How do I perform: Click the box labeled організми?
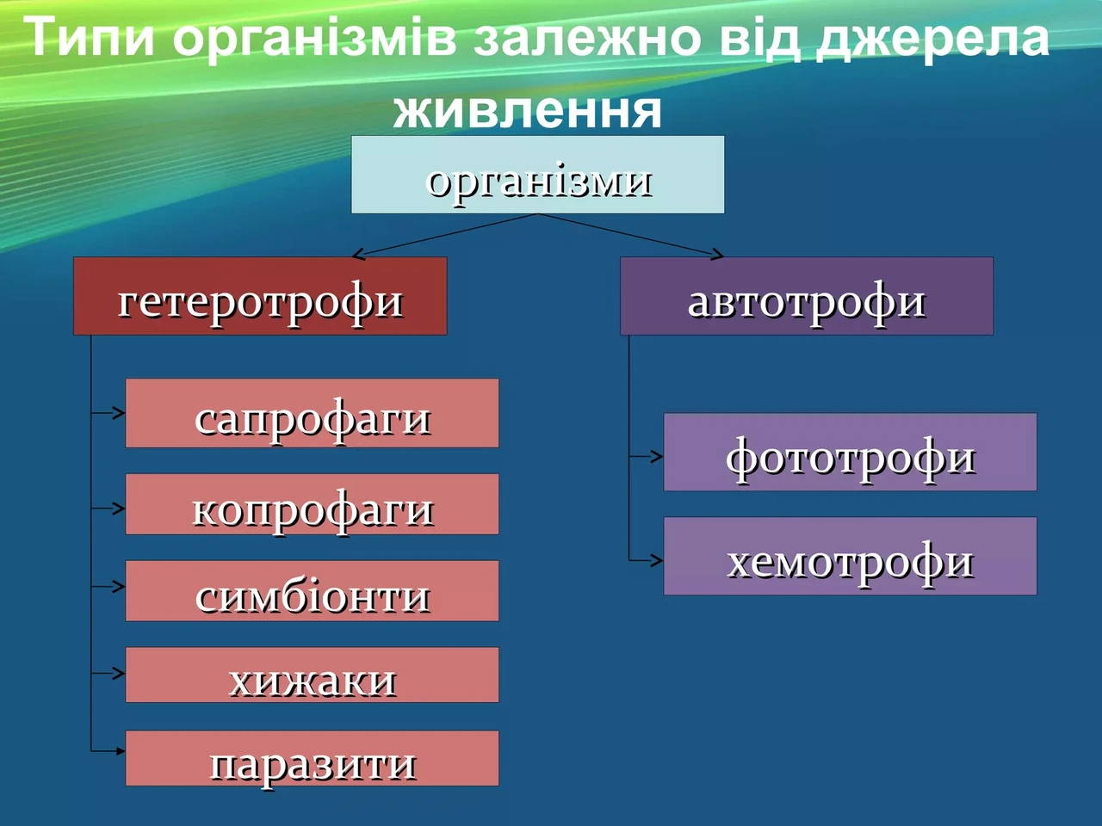(x=537, y=175)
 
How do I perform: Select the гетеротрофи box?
(x=260, y=296)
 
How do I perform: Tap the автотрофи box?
(x=807, y=296)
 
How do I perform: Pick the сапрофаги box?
(x=313, y=413)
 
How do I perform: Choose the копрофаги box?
(x=313, y=504)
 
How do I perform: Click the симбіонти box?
(x=313, y=591)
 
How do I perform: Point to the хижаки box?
(x=313, y=675)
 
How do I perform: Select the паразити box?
(x=313, y=758)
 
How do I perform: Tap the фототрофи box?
(x=850, y=452)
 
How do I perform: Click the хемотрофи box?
(x=850, y=556)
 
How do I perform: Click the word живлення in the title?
(x=527, y=111)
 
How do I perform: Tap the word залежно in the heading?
(x=587, y=39)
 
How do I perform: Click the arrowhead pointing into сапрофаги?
(x=120, y=413)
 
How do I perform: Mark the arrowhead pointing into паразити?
(x=121, y=751)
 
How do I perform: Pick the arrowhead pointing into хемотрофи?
(x=657, y=560)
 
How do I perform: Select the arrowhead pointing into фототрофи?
(x=657, y=456)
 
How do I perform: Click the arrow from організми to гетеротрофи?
(x=445, y=236)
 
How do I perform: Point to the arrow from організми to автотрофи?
(x=630, y=236)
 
